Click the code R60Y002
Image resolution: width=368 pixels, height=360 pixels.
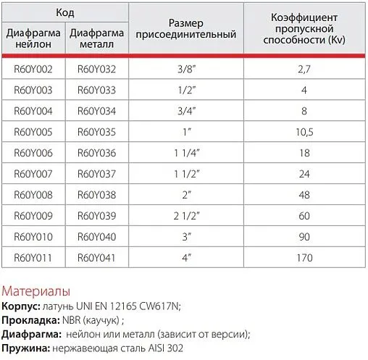(33, 70)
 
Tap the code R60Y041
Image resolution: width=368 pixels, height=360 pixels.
(96, 256)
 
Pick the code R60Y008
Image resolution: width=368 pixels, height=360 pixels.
(33, 194)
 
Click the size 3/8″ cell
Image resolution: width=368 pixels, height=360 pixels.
(187, 70)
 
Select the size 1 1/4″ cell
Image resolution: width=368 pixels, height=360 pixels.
(187, 153)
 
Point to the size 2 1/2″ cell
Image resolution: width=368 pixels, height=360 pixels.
(187, 215)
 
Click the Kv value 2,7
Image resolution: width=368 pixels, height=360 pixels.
(304, 70)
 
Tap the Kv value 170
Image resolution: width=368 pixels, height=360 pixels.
(304, 256)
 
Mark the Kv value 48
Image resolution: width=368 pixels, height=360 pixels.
(304, 194)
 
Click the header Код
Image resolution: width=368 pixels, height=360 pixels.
(64, 13)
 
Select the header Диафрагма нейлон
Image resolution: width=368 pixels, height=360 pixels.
(33, 38)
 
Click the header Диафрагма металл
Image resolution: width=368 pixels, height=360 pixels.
(96, 38)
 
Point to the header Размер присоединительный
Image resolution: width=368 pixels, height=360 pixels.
(187, 29)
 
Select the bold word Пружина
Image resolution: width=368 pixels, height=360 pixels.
(26, 348)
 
